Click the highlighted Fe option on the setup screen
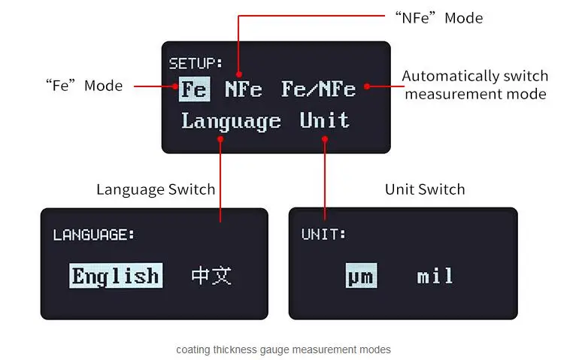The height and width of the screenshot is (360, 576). [193, 89]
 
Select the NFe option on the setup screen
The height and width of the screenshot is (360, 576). [244, 89]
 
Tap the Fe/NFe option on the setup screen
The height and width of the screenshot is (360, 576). [318, 89]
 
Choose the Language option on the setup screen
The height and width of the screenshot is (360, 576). [231, 121]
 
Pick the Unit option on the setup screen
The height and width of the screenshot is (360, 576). [325, 121]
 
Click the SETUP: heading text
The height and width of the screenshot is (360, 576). [196, 63]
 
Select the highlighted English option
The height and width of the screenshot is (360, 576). [115, 276]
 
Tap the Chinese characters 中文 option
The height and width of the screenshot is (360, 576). [211, 276]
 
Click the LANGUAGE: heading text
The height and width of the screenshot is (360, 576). [94, 234]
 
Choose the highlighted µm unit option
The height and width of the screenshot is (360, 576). [361, 277]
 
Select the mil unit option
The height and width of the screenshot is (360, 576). [435, 277]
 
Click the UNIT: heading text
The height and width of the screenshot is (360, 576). [324, 234]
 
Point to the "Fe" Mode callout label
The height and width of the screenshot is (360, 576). [84, 86]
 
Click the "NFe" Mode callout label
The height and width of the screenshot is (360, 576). [438, 17]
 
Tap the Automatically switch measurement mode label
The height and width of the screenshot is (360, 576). [475, 85]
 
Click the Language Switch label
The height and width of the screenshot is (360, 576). [156, 189]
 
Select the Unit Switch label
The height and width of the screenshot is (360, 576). [425, 189]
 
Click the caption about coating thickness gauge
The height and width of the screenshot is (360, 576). [283, 349]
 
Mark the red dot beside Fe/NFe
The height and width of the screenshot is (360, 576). [368, 86]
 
